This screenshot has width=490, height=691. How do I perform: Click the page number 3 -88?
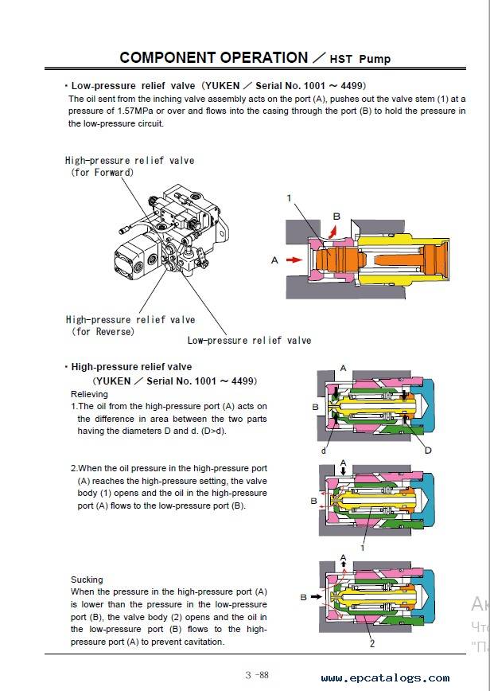(257, 675)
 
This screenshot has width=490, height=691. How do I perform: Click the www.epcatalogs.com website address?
(385, 678)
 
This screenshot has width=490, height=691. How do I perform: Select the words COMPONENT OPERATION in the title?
(213, 57)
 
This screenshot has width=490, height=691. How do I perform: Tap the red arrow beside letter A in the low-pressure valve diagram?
(294, 260)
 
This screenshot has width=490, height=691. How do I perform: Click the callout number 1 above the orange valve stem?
(289, 197)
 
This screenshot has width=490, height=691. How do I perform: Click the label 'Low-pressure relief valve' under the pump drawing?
(249, 340)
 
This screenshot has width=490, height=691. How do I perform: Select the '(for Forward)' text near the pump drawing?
(102, 172)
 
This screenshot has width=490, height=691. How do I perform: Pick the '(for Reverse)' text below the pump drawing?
(103, 331)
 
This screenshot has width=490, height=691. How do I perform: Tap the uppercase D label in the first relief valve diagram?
(427, 451)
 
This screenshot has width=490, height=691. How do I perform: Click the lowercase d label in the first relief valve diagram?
(324, 451)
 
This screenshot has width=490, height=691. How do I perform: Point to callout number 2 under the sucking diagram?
(371, 643)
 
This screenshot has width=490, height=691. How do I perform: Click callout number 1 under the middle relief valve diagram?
(363, 548)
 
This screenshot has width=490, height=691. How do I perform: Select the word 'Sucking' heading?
(87, 580)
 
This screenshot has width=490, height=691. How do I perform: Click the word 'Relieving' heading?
(89, 394)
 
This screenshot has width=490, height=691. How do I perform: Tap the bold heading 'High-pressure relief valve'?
(131, 367)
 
